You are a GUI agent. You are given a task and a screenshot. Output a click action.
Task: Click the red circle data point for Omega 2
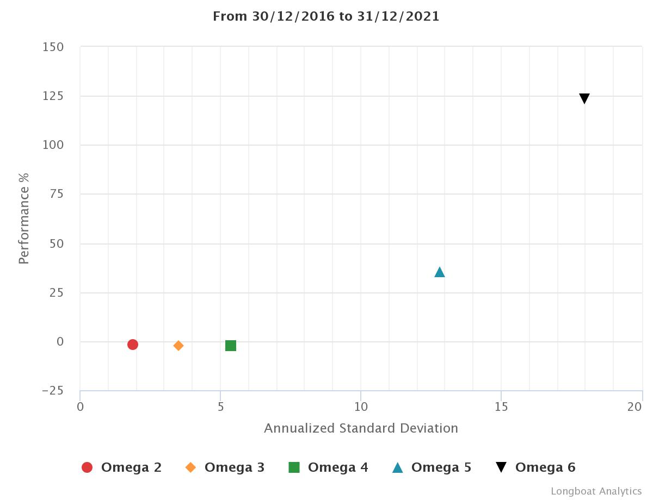132,345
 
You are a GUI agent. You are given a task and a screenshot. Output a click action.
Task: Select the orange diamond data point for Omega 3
178,346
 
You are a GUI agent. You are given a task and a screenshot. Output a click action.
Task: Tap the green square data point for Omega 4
231,346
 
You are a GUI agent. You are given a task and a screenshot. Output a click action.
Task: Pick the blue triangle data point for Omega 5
440,272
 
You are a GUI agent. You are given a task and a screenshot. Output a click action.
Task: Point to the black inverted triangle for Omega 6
584,98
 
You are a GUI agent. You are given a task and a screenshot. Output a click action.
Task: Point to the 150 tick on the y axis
53,47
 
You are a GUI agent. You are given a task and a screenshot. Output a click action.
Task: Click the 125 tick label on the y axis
53,96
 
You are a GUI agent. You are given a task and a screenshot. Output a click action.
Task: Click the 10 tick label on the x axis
361,407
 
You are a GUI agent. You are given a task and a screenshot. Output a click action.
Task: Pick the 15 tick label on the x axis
501,407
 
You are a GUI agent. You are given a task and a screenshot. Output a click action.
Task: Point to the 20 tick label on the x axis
635,407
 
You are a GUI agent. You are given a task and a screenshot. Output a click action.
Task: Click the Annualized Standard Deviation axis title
361,428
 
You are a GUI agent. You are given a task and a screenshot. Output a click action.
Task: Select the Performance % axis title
23,218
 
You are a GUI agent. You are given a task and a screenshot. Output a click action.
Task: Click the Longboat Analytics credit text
596,491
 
